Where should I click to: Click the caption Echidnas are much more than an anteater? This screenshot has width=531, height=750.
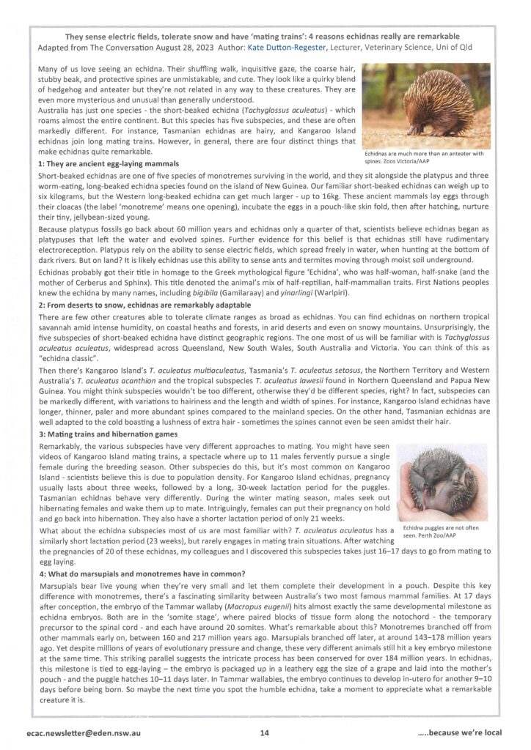coord(424,157)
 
